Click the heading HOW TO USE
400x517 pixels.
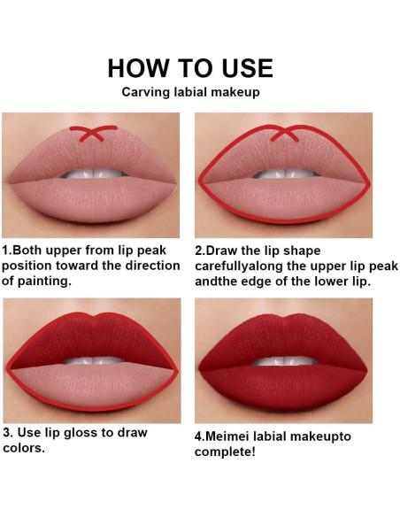pyautogui.click(x=190, y=69)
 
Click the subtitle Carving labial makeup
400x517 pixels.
pyautogui.click(x=190, y=91)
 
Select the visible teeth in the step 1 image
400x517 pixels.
pyautogui.click(x=92, y=174)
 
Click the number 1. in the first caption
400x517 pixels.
pyautogui.click(x=8, y=251)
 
